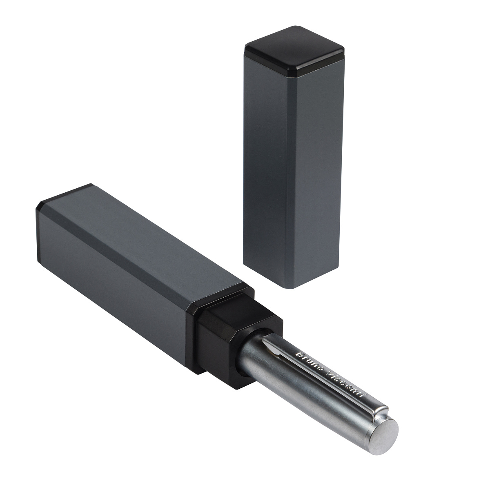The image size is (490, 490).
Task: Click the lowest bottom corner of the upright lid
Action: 294,289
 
